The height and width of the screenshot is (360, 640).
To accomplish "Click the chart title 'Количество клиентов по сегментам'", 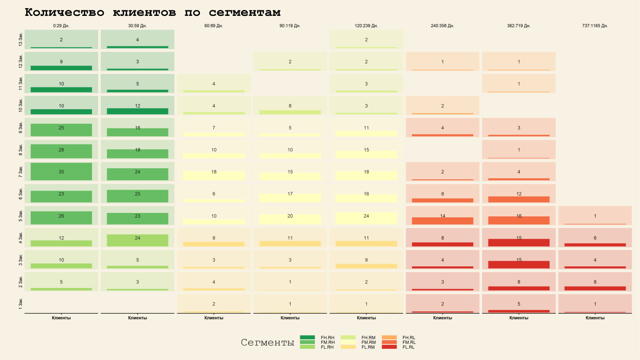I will pos(153,12).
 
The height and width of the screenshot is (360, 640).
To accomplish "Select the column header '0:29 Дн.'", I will pos(61,26).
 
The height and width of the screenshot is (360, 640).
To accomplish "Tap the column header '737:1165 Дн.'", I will pos(595,26).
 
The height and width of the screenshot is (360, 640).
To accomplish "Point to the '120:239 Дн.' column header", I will pos(366,26).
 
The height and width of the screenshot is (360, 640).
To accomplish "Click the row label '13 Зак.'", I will pos(21,39).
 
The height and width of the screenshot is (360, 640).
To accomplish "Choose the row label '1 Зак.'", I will pos(21,304).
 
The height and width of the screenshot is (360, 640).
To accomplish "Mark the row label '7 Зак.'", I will pos(21,172).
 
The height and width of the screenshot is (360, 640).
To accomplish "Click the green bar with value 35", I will pos(61,172).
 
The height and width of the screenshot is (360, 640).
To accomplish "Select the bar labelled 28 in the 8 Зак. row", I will pos(61,151).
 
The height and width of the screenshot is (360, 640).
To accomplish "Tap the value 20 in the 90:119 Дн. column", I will pos(290,216).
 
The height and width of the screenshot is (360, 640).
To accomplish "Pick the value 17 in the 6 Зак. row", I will pos(290,194).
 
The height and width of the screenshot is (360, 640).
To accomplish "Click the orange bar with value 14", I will pos(442,221).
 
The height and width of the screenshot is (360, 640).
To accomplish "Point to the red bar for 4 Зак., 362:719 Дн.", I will pos(519,243).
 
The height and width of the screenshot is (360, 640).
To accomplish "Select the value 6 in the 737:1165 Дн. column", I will pos(595,238).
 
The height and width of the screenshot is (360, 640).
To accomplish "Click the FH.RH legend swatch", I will pos(308,338).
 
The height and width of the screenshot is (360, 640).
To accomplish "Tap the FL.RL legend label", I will pos(409,347).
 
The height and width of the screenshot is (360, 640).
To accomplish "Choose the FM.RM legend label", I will pos(369,342).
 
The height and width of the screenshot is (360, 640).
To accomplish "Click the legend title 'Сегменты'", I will pos(267,343).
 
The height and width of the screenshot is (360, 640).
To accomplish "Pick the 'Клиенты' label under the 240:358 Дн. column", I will pos(442,318).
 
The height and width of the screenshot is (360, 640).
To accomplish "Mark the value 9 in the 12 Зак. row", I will pos(61,62).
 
